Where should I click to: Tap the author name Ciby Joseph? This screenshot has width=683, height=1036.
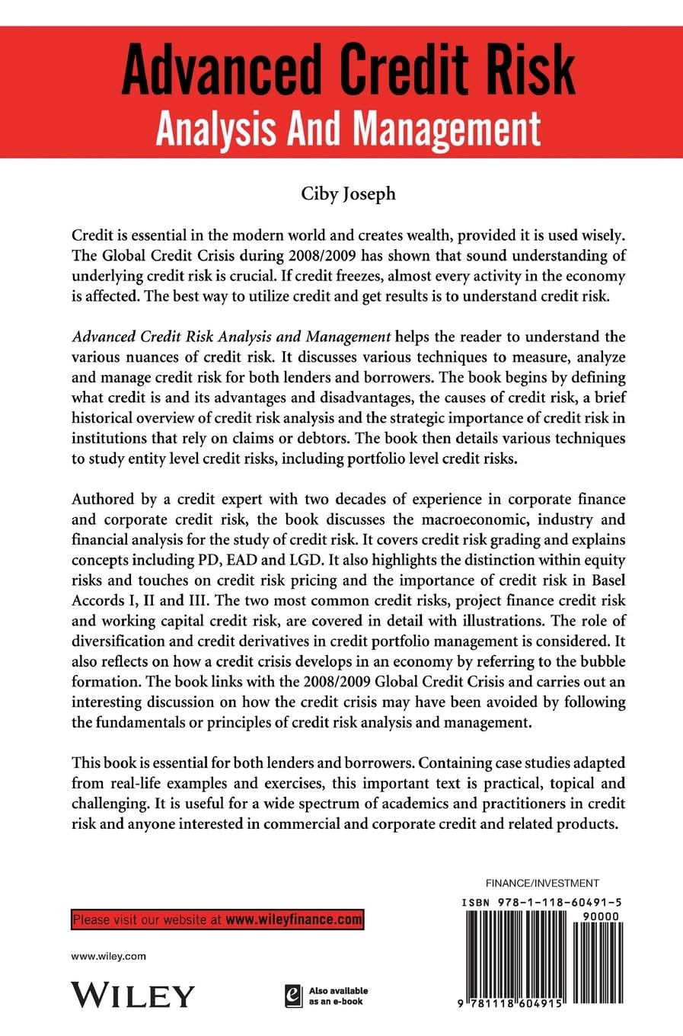348,193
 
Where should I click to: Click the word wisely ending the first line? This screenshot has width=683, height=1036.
592,235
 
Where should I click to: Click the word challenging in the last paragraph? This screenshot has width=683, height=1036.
112,804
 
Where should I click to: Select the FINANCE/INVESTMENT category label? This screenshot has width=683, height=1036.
542,884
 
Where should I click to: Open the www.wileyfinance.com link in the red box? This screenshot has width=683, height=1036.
294,919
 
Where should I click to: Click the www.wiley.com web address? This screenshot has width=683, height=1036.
108,956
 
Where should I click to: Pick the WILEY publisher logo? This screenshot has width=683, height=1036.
133,995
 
